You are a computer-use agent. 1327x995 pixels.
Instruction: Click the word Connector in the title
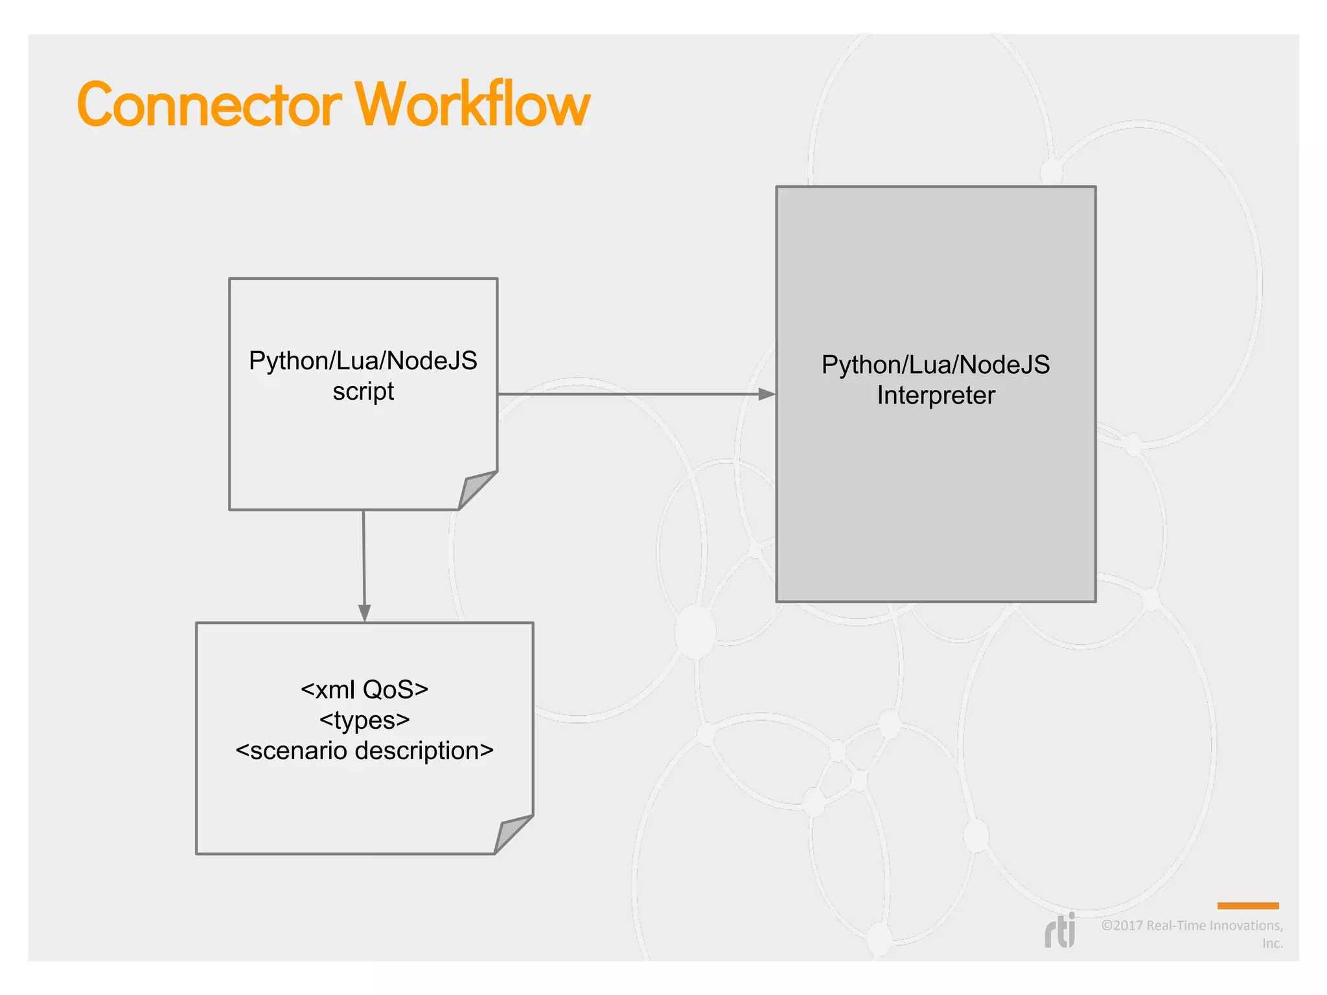pos(209,105)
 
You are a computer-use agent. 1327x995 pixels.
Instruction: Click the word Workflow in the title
pos(472,105)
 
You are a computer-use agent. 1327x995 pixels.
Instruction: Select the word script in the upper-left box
pos(363,392)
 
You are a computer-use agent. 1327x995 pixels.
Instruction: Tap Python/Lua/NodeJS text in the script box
pos(363,361)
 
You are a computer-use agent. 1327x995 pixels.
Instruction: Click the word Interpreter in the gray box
pos(936,396)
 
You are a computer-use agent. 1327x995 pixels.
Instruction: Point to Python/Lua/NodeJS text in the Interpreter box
pos(936,365)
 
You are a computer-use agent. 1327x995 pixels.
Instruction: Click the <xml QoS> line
pos(364,690)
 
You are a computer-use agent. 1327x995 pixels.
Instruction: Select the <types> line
pos(364,720)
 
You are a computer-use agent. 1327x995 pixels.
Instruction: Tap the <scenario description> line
pos(364,751)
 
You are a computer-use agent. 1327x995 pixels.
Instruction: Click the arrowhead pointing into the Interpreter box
pos(767,394)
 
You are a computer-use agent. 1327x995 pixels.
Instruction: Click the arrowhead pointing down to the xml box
pos(364,613)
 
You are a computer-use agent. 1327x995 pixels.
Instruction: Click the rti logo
pos(1060,932)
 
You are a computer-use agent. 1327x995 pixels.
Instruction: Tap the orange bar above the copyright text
pos(1247,906)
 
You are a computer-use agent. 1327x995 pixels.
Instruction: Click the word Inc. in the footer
pos(1272,944)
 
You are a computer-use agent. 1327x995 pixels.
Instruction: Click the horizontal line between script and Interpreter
pos(629,394)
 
